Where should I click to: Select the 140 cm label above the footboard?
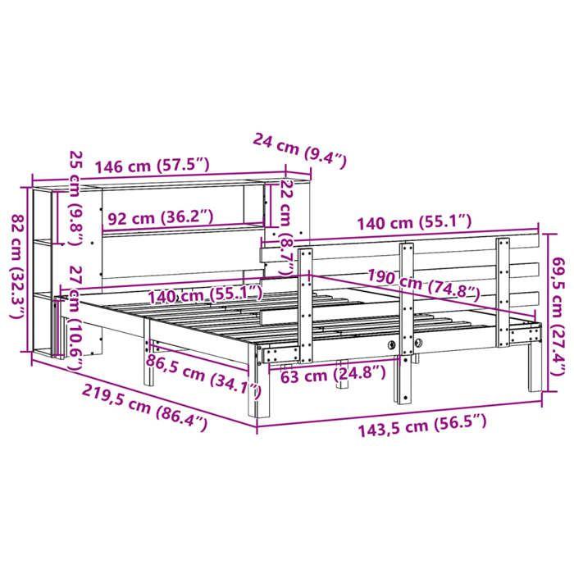click(414, 221)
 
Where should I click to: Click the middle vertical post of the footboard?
click(405, 320)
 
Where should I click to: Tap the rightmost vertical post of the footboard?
click(503, 287)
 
